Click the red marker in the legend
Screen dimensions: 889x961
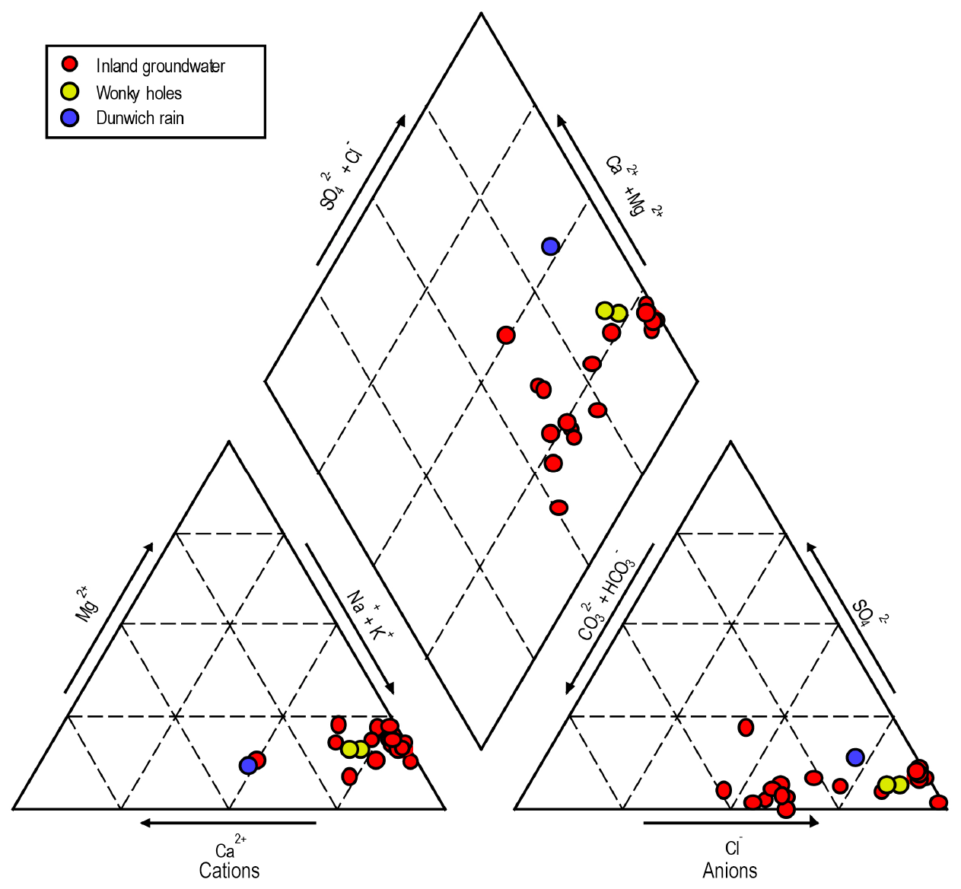(70, 64)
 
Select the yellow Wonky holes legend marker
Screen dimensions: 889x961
(70, 91)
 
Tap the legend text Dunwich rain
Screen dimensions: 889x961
(140, 118)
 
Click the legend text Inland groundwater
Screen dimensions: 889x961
(161, 66)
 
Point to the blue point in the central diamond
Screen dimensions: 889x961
(550, 246)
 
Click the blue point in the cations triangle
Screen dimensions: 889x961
(247, 765)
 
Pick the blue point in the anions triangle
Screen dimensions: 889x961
(855, 757)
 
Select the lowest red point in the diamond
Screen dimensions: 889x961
(558, 508)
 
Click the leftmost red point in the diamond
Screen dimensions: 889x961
(506, 335)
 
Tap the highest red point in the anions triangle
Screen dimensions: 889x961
(746, 727)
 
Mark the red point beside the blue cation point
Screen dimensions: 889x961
(257, 760)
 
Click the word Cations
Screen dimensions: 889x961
(229, 871)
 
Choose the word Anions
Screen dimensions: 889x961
(730, 871)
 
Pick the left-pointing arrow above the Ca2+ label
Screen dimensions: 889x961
(228, 823)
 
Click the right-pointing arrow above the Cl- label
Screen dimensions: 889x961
(730, 822)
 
